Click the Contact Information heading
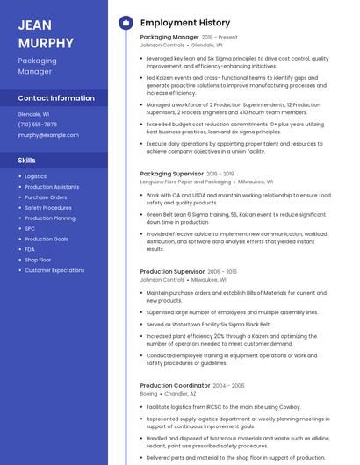point(56,98)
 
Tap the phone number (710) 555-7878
point(37,125)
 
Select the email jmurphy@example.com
point(48,135)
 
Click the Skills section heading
point(26,161)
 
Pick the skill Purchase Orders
point(46,197)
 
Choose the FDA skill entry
point(30,249)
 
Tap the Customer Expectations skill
point(54,270)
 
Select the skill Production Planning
point(50,218)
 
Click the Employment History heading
point(185,23)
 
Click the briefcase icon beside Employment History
point(125,23)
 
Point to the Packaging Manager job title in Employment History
point(169,38)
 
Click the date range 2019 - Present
point(220,38)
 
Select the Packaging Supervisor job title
point(172,174)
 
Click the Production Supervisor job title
point(173,272)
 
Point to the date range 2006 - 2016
point(223,272)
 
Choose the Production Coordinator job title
point(175,386)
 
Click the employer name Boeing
point(148,394)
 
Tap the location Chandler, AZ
point(182,394)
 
